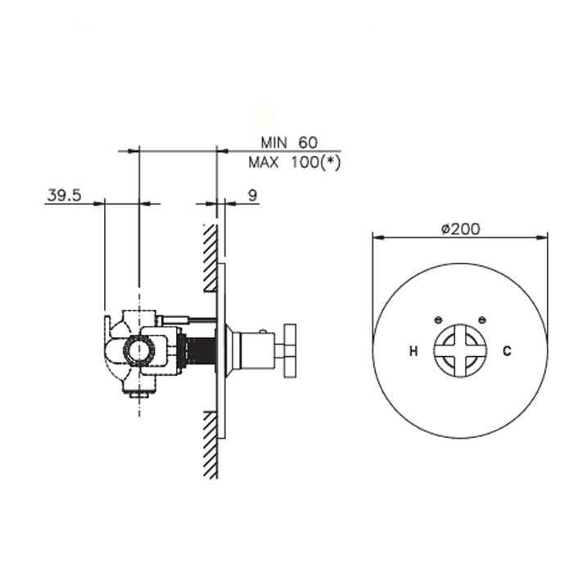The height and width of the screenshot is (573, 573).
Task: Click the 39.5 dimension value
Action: (x=64, y=195)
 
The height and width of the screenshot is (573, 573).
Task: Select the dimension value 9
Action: (x=253, y=196)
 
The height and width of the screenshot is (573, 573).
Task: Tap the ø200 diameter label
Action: (x=460, y=229)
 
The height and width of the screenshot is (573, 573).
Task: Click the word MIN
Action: (x=273, y=142)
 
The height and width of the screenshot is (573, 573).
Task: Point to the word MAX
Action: (x=263, y=162)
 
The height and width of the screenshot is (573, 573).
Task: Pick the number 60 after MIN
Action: (x=308, y=142)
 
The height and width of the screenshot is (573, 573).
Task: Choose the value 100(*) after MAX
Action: (x=316, y=162)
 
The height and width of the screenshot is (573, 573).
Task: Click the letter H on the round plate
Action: (x=413, y=351)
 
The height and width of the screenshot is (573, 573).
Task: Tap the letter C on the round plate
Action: (x=507, y=351)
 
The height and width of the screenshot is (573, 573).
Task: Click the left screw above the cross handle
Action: (x=438, y=320)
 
